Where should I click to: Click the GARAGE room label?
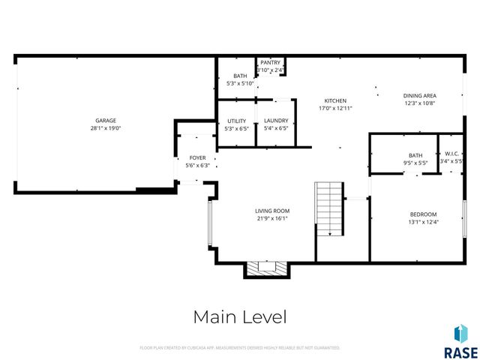tap(105, 121)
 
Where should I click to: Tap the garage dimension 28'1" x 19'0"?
tap(105, 128)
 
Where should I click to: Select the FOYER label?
tap(197, 158)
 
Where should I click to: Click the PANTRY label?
tap(270, 63)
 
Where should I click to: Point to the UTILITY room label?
tap(237, 121)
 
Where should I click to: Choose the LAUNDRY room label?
tap(276, 121)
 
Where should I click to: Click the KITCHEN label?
tap(334, 100)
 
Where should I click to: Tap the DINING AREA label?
tap(420, 95)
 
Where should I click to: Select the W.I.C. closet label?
tap(451, 154)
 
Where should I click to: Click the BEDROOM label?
tap(423, 214)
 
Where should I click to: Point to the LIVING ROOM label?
tap(272, 211)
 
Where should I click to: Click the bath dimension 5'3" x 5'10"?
tap(240, 83)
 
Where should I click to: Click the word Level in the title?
tap(265, 317)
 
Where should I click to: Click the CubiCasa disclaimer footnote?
tap(240, 348)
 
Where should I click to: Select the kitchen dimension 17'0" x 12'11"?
tap(334, 108)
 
